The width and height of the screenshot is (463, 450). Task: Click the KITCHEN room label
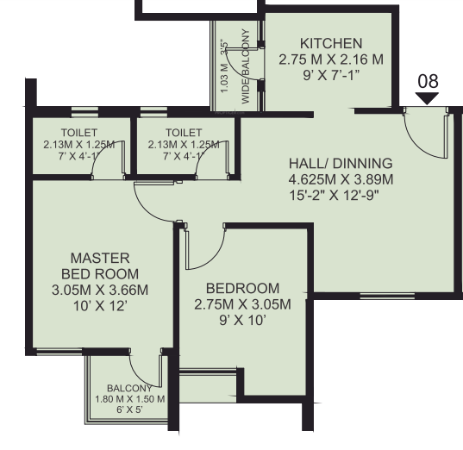330,44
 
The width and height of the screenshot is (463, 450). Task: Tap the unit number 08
428,81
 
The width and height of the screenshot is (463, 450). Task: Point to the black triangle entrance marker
428,98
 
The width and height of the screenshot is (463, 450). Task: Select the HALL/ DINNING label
341,163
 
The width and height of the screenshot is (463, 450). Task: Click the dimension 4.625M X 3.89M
341,179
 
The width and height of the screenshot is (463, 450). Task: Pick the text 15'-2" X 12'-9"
341,195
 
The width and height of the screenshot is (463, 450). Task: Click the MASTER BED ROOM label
100,266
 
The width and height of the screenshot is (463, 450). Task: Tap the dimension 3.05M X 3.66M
100,290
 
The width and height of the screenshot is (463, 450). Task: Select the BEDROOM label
242,288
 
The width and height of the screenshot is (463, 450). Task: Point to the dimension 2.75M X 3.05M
242,304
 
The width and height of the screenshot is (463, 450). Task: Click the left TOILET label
78,133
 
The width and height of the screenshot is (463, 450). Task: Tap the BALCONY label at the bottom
129,389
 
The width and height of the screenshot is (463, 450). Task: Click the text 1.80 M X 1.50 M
129,399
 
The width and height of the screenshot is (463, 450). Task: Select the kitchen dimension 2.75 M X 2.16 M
330,60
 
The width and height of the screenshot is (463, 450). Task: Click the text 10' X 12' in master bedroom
100,306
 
